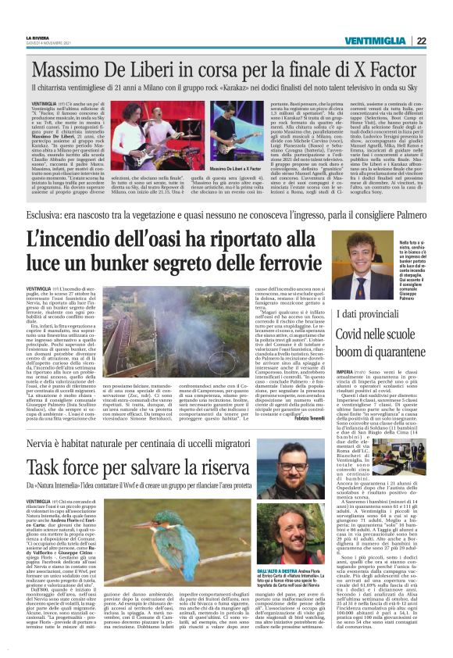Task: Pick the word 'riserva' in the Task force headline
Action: pyautogui.click(x=277, y=469)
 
